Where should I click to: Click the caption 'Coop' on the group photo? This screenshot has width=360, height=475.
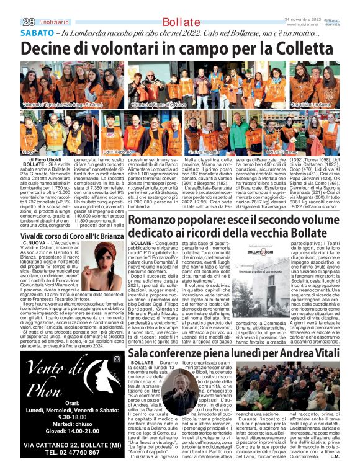[x=29, y=152]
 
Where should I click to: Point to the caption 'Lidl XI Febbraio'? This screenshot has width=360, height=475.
[x=117, y=152]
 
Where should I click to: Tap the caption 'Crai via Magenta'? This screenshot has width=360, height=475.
[x=202, y=152]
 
